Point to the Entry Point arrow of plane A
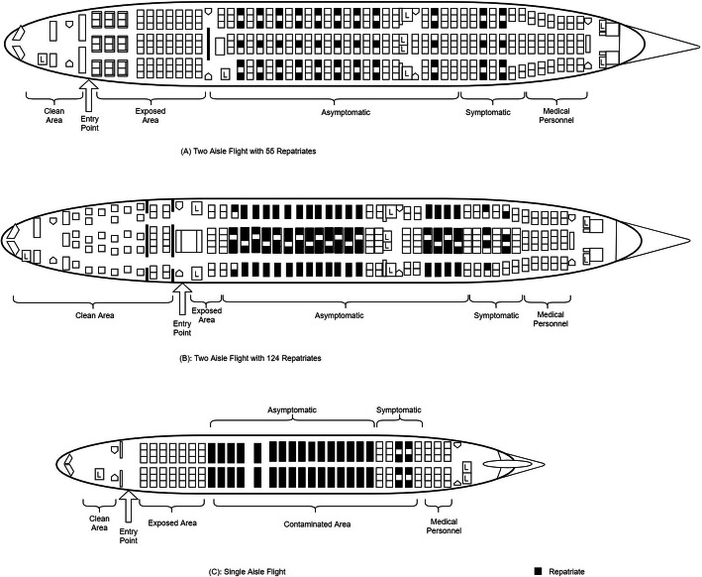88,96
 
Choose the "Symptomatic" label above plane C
400,409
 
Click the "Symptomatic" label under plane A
489,112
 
